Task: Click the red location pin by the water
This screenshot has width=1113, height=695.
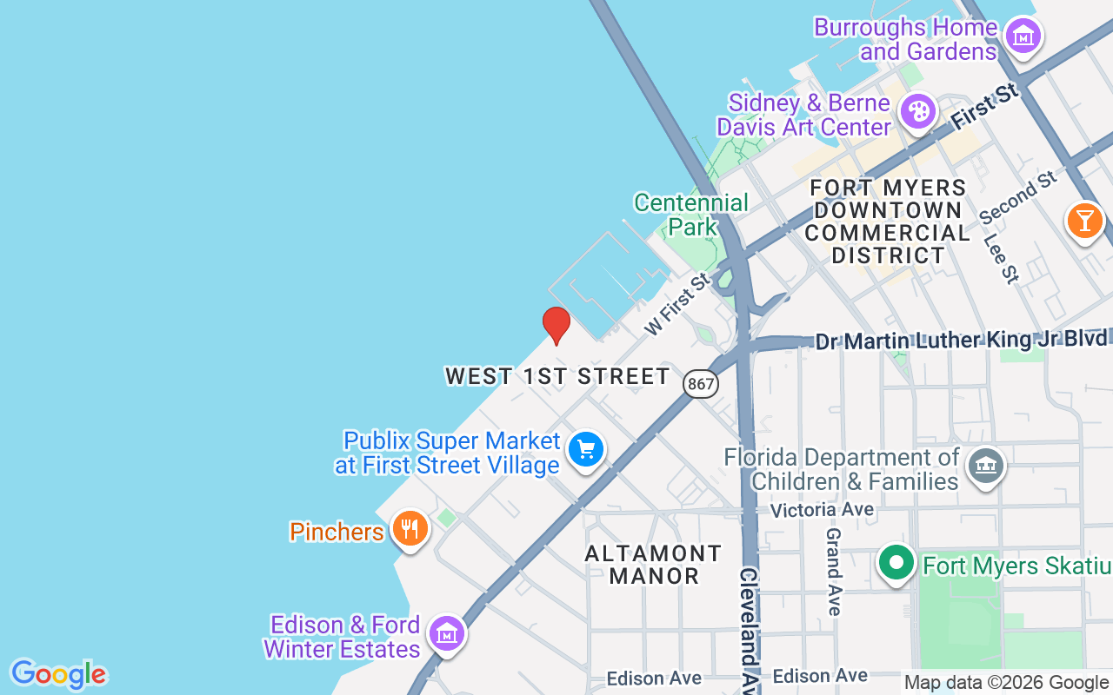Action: (556, 324)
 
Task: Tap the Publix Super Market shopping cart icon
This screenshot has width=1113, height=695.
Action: (586, 450)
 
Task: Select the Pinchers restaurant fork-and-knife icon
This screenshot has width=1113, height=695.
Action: (409, 528)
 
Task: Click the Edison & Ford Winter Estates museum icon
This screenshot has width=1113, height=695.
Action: (447, 633)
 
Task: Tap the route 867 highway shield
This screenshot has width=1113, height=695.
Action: (700, 383)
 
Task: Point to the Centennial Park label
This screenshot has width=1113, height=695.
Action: (691, 215)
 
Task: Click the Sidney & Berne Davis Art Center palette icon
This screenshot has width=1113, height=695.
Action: (917, 111)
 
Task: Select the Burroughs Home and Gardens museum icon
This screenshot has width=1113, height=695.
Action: (1023, 36)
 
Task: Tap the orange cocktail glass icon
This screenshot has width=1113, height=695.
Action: (1084, 220)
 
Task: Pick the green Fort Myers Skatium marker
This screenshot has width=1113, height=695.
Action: (896, 562)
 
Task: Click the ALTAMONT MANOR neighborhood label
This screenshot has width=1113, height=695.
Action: (653, 565)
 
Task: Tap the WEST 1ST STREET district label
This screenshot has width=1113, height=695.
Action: (557, 376)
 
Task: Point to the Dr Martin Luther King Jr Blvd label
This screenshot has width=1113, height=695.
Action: (961, 340)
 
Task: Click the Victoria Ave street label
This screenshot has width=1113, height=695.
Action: (822, 510)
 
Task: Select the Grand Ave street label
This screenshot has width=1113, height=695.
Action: (833, 571)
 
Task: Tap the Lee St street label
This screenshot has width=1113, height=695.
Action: (999, 255)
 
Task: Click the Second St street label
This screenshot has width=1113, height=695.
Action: (1017, 196)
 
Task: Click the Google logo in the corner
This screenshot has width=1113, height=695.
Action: (58, 674)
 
